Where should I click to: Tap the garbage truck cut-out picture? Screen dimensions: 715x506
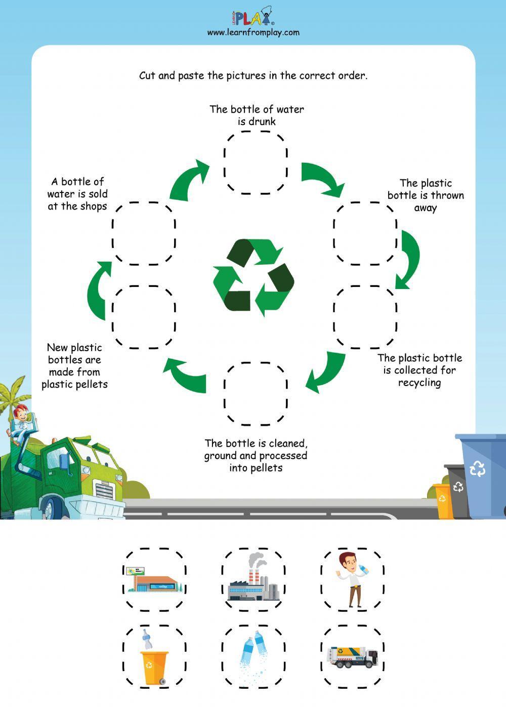(353, 657)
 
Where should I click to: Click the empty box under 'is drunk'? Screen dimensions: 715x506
(256, 162)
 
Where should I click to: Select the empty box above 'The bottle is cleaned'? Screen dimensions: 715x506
(256, 394)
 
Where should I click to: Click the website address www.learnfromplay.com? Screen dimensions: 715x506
(253, 32)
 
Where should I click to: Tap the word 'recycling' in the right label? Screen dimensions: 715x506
(419, 383)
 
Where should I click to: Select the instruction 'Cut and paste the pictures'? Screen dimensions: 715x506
(253, 76)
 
